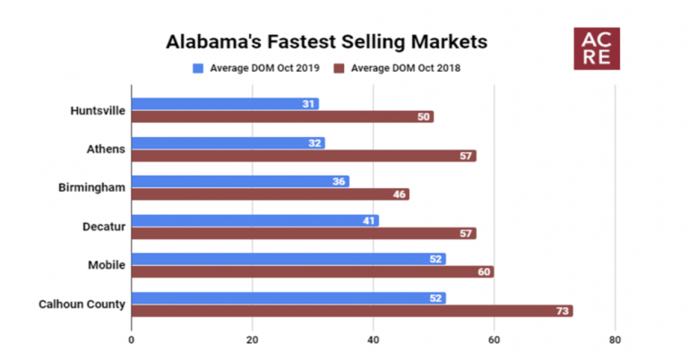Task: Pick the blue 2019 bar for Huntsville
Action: (x=224, y=104)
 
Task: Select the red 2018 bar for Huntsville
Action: (x=282, y=116)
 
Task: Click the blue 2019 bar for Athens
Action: (x=228, y=142)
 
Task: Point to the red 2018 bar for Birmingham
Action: (x=270, y=194)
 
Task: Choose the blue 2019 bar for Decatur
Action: (x=254, y=220)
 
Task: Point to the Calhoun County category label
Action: (x=82, y=304)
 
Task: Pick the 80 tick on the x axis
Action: (x=614, y=339)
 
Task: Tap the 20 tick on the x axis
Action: (x=252, y=339)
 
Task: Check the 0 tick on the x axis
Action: (x=132, y=339)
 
